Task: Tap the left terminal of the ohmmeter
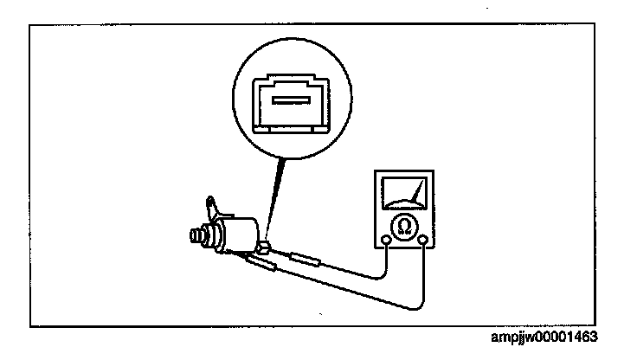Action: click(x=385, y=241)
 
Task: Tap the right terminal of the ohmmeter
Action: click(x=422, y=241)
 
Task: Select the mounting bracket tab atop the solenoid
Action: click(x=212, y=209)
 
